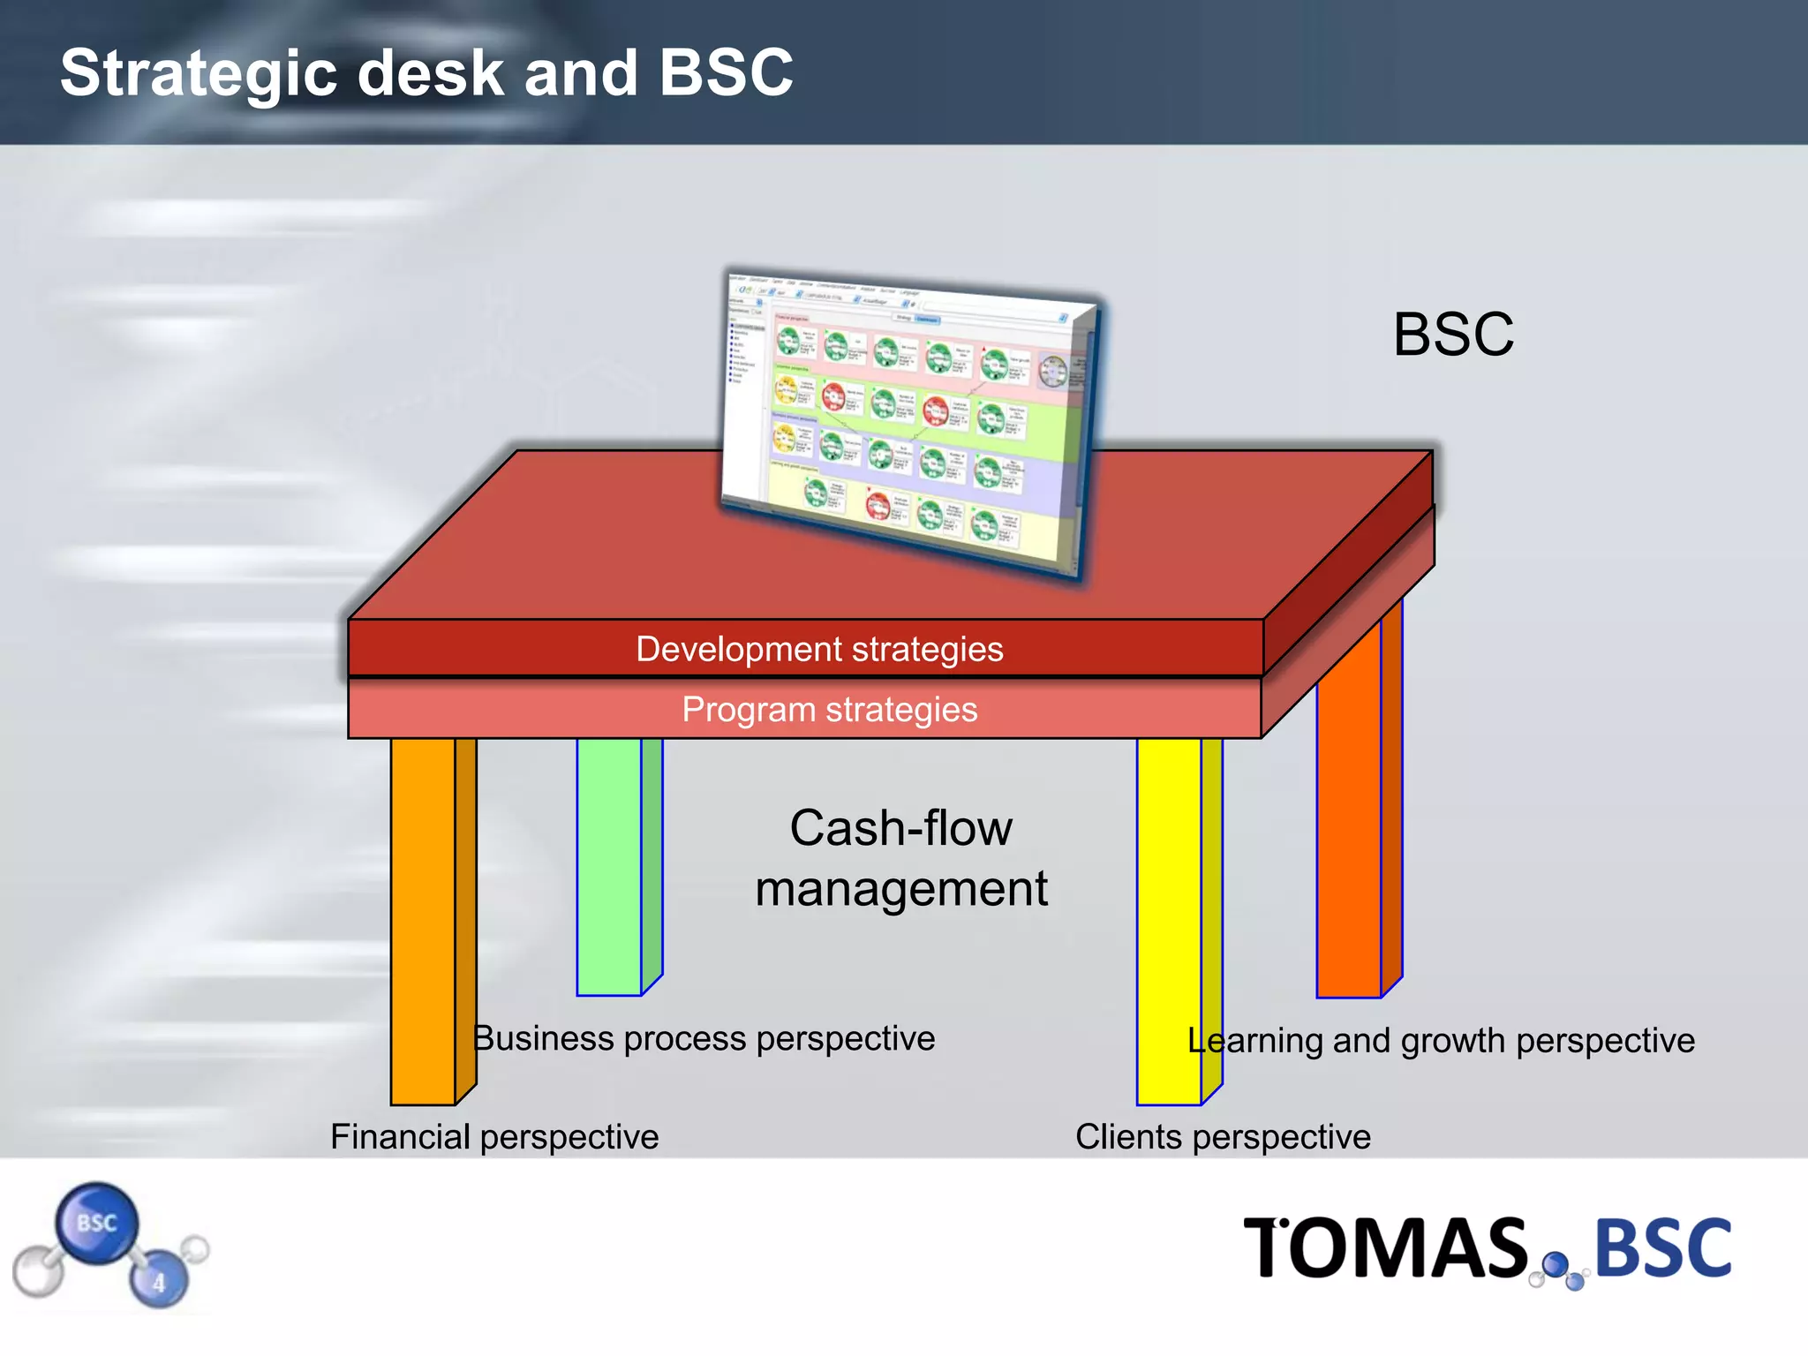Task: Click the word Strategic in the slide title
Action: (199, 74)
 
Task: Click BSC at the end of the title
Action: (726, 72)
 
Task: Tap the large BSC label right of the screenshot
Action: (1453, 335)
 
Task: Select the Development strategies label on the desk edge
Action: (819, 650)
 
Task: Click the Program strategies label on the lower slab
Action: (829, 710)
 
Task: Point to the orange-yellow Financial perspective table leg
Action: (424, 918)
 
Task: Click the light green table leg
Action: (609, 865)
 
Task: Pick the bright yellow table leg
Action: (1168, 918)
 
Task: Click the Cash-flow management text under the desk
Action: (900, 858)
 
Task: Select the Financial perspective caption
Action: (494, 1137)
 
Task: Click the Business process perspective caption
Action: (704, 1039)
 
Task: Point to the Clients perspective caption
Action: (1223, 1137)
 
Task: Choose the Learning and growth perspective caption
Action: (1441, 1041)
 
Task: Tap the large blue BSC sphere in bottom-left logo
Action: (96, 1224)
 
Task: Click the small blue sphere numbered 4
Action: (159, 1281)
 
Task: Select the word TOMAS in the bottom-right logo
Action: (1385, 1248)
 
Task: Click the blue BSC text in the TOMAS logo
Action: (1663, 1248)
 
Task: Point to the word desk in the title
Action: (431, 74)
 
